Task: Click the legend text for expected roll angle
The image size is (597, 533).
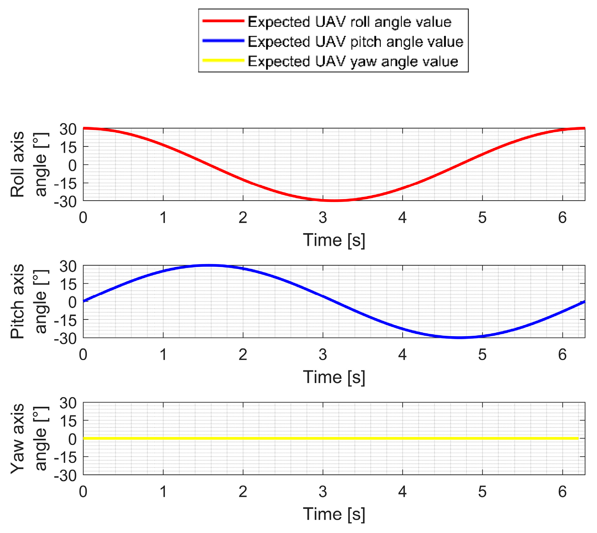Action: click(349, 22)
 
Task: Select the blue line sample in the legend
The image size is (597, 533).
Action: click(223, 41)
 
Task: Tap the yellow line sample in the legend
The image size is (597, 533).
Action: click(223, 60)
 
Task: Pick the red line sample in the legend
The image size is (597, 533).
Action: click(223, 21)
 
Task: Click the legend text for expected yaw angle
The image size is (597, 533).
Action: click(353, 61)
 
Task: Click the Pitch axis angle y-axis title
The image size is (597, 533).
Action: click(29, 301)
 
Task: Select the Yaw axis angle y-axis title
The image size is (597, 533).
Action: click(29, 438)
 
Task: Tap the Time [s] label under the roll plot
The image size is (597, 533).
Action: click(334, 240)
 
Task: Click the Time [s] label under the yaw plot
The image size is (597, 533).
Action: click(334, 514)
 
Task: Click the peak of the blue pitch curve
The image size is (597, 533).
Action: click(209, 265)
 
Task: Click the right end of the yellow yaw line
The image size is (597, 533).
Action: click(578, 438)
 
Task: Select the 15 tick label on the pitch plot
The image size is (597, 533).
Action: click(68, 284)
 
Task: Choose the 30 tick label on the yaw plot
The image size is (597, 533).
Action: click(68, 403)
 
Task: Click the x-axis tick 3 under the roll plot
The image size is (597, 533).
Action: click(323, 218)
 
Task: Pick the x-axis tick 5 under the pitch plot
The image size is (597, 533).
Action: click(482, 355)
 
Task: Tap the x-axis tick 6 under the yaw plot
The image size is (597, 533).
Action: click(562, 492)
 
